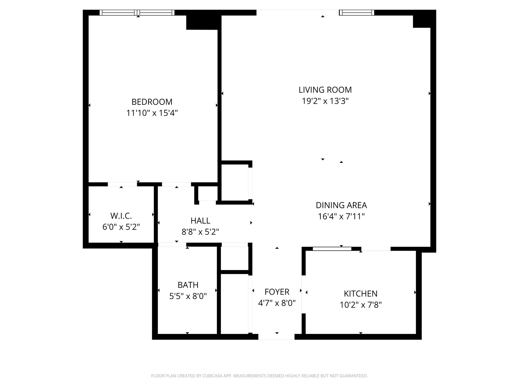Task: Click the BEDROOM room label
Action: pyautogui.click(x=152, y=102)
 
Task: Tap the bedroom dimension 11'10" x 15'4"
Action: pyautogui.click(x=152, y=113)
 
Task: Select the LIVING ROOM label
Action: pyautogui.click(x=325, y=90)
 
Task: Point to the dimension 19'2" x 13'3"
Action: pyautogui.click(x=325, y=101)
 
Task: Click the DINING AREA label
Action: pyautogui.click(x=341, y=205)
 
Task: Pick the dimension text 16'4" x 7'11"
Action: pyautogui.click(x=341, y=216)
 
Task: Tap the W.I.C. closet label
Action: pyautogui.click(x=121, y=216)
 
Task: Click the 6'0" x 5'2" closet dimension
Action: pyautogui.click(x=121, y=227)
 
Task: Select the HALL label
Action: pyautogui.click(x=200, y=220)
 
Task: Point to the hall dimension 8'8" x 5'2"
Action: pyautogui.click(x=200, y=232)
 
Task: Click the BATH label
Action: pyautogui.click(x=188, y=285)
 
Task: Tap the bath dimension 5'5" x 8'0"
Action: pyautogui.click(x=188, y=296)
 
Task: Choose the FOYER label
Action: pyautogui.click(x=277, y=292)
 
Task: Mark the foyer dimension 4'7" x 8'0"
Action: pyautogui.click(x=277, y=303)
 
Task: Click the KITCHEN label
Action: pyautogui.click(x=360, y=294)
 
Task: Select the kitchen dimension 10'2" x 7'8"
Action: pyautogui.click(x=360, y=305)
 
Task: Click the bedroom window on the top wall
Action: pyautogui.click(x=137, y=13)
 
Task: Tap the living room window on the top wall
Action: pyautogui.click(x=356, y=13)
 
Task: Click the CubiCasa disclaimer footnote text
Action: pyautogui.click(x=259, y=376)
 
